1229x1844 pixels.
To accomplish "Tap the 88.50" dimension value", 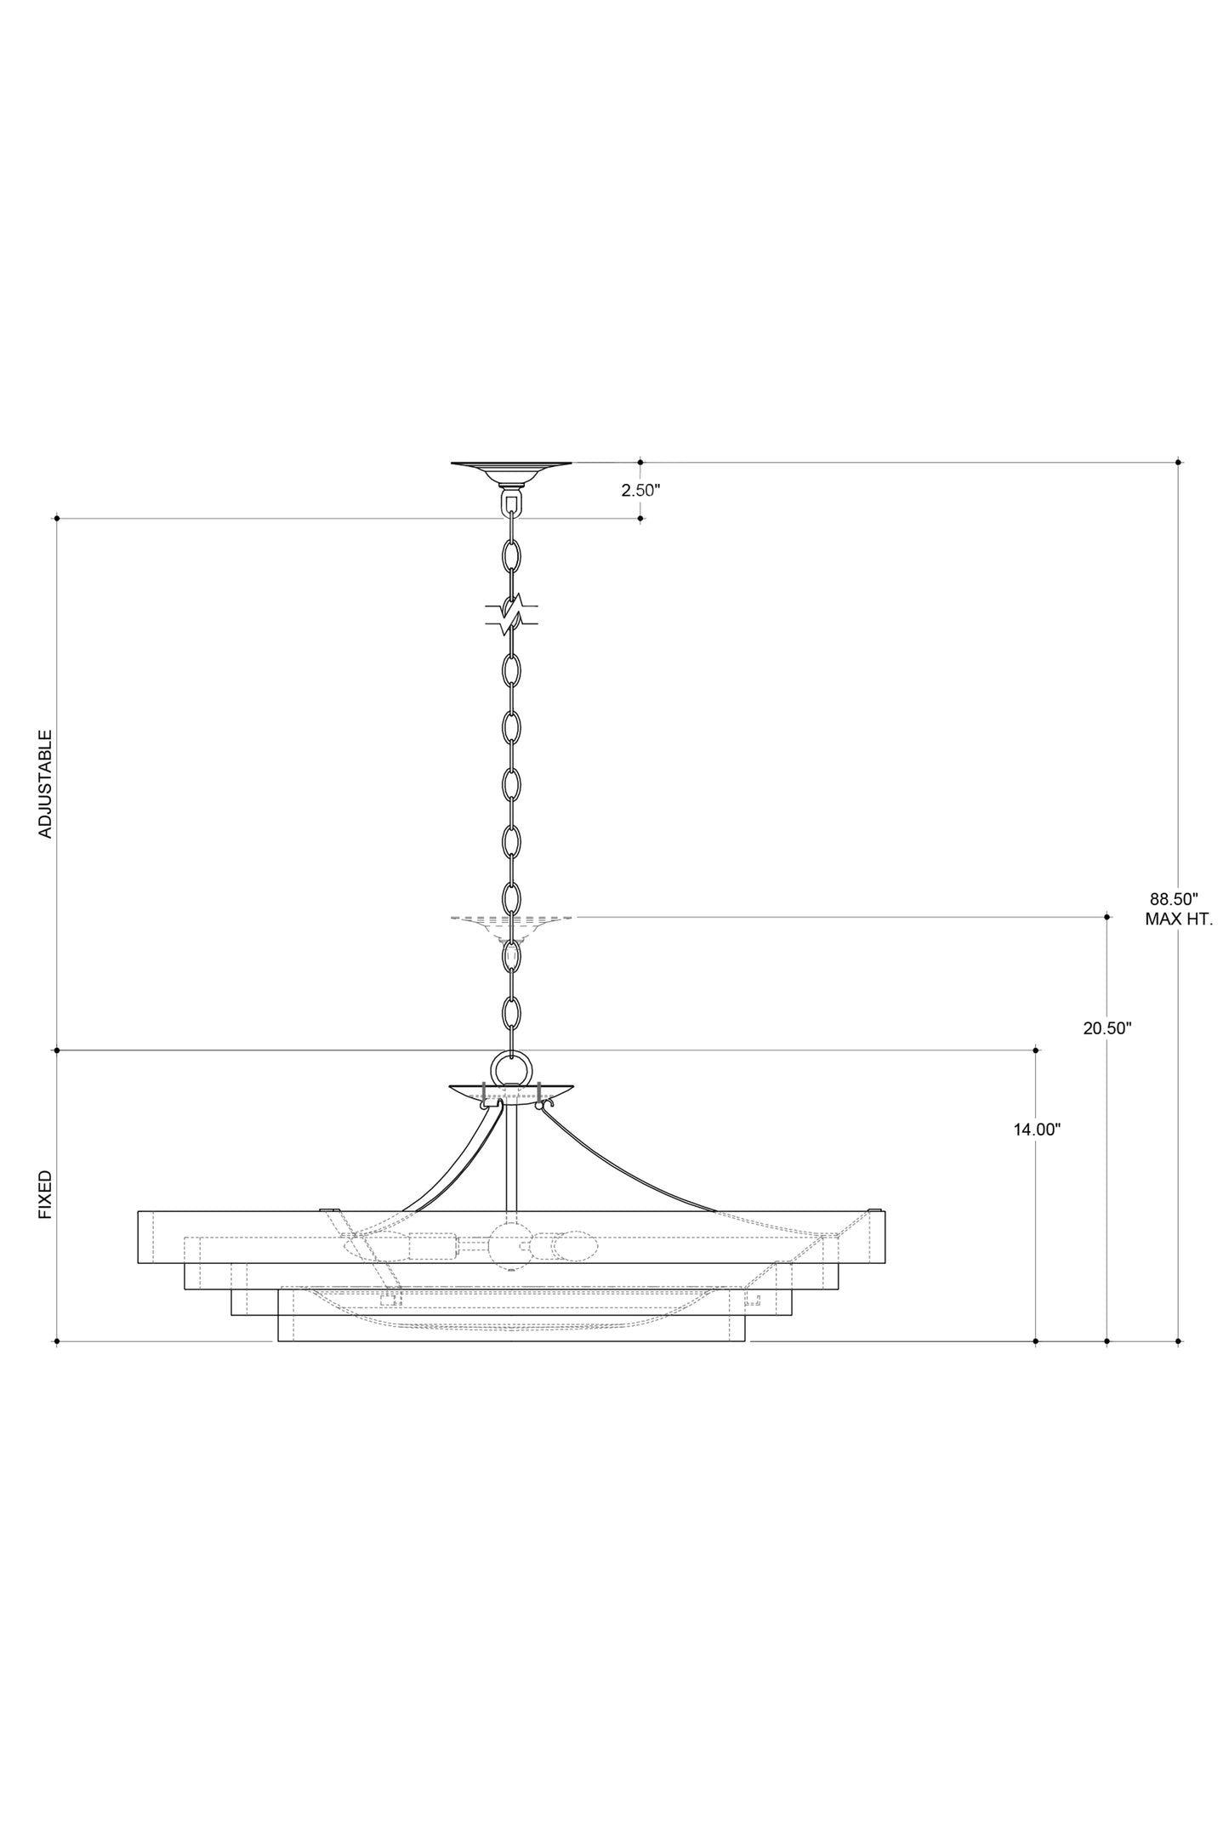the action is point(1174,898).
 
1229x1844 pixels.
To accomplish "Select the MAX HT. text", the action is point(1178,919).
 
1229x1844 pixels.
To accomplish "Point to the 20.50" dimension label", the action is point(1107,1028).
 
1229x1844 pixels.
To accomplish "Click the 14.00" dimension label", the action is point(1037,1130).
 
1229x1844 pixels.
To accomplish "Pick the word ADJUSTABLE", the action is point(46,784).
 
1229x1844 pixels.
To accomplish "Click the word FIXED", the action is point(46,1194).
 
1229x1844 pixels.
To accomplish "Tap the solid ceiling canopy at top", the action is point(511,472).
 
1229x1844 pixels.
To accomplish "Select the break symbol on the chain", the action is point(511,614).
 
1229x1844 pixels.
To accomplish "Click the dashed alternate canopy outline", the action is point(511,927).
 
